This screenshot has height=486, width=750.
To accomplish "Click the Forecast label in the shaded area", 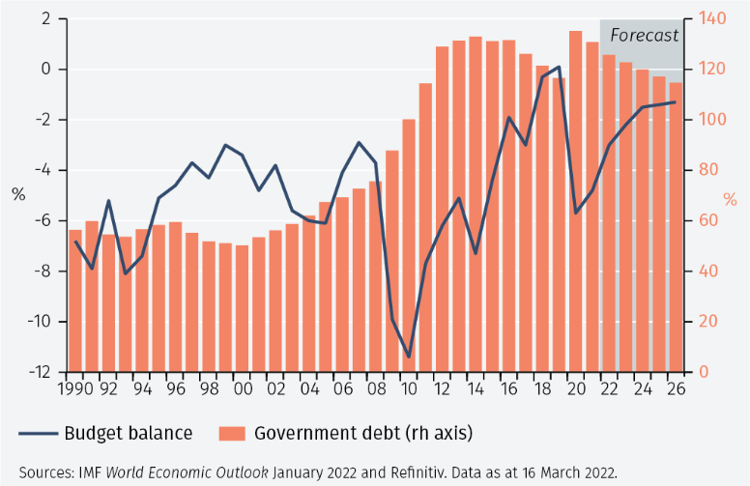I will click(x=644, y=36).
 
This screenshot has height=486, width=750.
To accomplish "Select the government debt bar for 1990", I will click(x=75, y=300).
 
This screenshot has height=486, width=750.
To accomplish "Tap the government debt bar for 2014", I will click(x=476, y=203).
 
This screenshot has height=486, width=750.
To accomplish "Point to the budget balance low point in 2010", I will click(x=409, y=357).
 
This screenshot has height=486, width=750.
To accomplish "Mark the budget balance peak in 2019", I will click(x=559, y=67).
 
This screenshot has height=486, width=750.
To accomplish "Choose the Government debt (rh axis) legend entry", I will click(x=348, y=433).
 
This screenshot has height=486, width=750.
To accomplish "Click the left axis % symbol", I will click(x=18, y=194).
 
